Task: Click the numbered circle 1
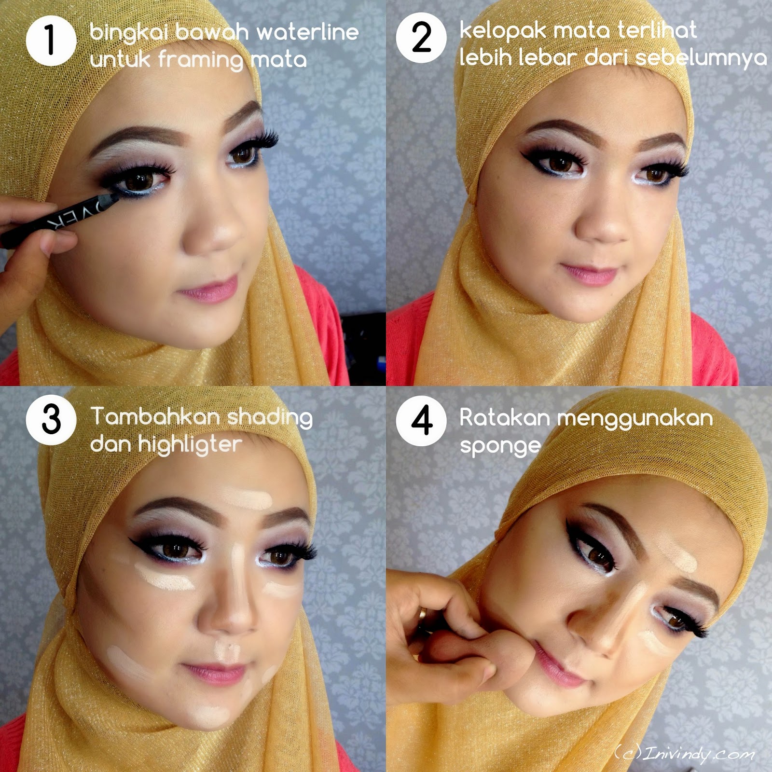click(51, 41)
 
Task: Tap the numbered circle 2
click(421, 38)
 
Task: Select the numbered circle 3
click(51, 419)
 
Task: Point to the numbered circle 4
click(421, 421)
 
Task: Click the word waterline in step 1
click(307, 32)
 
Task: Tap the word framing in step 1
click(201, 60)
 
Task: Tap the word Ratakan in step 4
click(505, 417)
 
